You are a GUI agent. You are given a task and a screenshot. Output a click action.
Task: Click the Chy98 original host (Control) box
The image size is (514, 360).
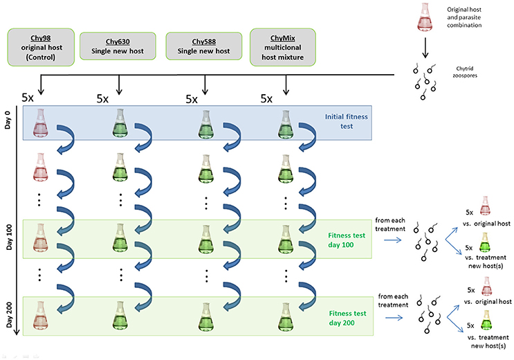pyautogui.click(x=41, y=47)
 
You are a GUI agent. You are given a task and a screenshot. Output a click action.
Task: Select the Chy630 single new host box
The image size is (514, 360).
pyautogui.click(x=118, y=46)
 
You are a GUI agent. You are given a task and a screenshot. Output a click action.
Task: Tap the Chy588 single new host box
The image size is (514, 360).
pyautogui.click(x=204, y=46)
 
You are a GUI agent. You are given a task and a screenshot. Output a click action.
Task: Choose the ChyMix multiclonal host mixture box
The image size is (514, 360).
pyautogui.click(x=282, y=47)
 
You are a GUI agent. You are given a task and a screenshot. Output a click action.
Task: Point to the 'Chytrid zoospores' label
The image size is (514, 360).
pyautogui.click(x=465, y=72)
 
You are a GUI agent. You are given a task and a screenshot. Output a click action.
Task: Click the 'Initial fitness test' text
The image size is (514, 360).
pyautogui.click(x=346, y=121)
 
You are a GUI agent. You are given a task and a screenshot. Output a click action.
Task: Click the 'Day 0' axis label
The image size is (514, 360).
pyautogui.click(x=8, y=120)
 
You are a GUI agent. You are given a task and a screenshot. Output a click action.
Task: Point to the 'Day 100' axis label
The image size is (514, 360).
pyautogui.click(x=9, y=237)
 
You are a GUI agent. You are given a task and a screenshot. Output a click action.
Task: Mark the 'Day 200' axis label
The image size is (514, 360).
pyautogui.click(x=9, y=315)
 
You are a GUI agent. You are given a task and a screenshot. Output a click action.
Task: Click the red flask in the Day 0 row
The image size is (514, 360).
pyautogui.click(x=40, y=123)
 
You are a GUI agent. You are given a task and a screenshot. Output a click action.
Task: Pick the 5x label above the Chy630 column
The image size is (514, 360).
pyautogui.click(x=102, y=98)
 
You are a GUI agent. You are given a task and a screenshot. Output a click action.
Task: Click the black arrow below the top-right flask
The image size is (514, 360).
pyautogui.click(x=425, y=48)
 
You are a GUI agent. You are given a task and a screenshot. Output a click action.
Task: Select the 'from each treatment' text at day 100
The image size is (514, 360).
pyautogui.click(x=390, y=224)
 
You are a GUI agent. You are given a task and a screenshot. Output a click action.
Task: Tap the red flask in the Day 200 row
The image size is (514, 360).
pyautogui.click(x=40, y=316)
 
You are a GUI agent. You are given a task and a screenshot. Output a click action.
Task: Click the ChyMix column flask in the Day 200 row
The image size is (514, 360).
pyautogui.click(x=286, y=316)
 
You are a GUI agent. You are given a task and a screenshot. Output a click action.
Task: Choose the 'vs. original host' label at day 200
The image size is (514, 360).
pyautogui.click(x=488, y=302)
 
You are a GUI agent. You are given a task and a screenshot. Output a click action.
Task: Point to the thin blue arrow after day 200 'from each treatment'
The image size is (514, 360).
pyautogui.click(x=394, y=318)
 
